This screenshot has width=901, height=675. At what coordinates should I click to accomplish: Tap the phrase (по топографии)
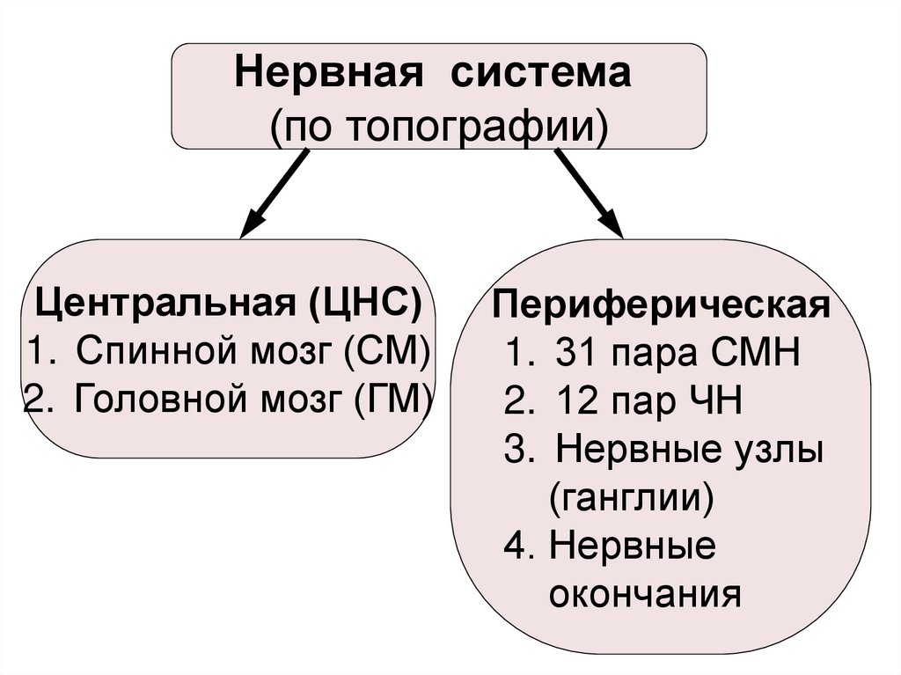point(439,124)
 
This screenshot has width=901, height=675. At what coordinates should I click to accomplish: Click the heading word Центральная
point(167,305)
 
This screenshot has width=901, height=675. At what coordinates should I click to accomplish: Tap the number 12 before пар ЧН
point(576,404)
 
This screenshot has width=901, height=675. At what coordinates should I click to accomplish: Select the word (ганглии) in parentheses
point(630,500)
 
